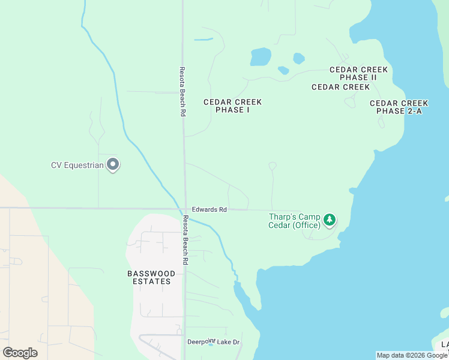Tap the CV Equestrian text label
click(x=77, y=164)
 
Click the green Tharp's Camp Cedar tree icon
click(x=329, y=220)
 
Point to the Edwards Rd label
click(x=214, y=209)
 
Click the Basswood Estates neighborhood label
click(x=152, y=277)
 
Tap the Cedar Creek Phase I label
click(x=232, y=106)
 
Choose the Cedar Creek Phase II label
click(x=358, y=73)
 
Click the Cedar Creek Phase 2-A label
click(x=399, y=107)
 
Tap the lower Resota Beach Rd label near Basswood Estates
click(x=185, y=240)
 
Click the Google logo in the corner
click(x=20, y=352)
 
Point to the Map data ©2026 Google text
click(x=412, y=355)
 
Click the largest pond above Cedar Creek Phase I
click(x=261, y=57)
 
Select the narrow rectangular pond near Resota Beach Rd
click(x=203, y=40)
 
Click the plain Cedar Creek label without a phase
click(x=340, y=87)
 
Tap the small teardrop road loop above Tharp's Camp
click(x=273, y=166)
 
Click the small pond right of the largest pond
click(x=298, y=58)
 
